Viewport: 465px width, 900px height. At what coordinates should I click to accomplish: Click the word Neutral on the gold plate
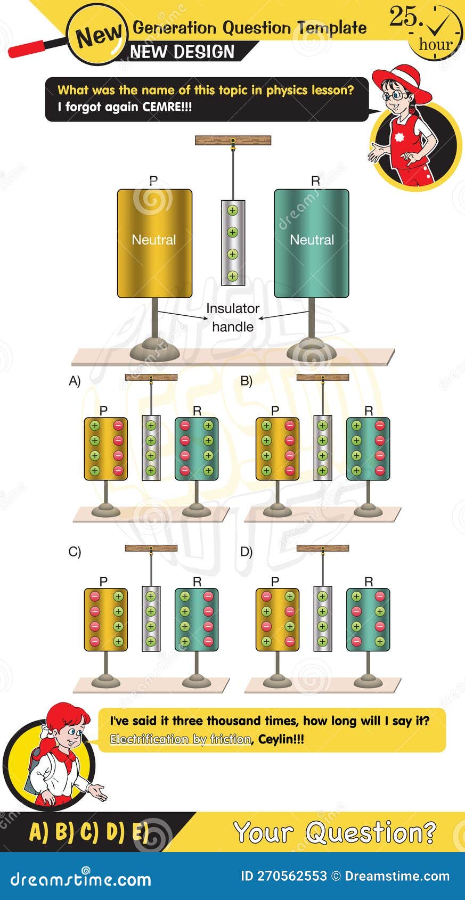click(153, 240)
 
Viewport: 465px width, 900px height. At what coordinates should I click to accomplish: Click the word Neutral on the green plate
click(312, 240)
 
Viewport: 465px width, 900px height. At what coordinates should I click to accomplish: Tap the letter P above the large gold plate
click(153, 181)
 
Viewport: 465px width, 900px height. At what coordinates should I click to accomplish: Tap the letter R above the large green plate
click(315, 181)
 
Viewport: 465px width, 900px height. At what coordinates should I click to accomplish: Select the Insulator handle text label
click(233, 317)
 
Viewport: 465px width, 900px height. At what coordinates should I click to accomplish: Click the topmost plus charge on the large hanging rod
click(232, 210)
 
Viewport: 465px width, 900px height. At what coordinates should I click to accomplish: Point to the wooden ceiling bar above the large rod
click(233, 141)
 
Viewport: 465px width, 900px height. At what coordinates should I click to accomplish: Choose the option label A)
click(75, 381)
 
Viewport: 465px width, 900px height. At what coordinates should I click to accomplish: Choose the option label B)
click(246, 381)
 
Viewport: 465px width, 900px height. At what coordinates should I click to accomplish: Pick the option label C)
click(75, 552)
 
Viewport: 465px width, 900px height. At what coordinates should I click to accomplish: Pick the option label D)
click(246, 552)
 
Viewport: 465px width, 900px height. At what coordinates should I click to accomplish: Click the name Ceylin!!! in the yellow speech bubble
click(281, 739)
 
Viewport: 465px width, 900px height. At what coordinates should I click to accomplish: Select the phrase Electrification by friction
click(180, 739)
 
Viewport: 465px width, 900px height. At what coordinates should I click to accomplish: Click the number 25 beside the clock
click(403, 18)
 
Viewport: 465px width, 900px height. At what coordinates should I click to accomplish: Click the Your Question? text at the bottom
click(335, 832)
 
